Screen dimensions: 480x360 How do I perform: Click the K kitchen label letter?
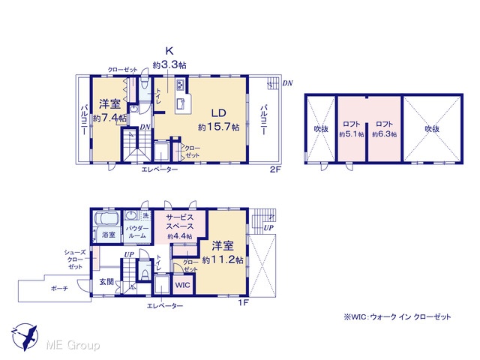pos(169,51)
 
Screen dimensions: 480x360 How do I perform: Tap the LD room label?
pos(219,113)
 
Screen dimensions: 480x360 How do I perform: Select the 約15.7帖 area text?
pos(219,127)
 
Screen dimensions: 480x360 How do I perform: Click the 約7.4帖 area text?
pos(109,118)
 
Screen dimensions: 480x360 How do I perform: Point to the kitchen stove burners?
pos(180,84)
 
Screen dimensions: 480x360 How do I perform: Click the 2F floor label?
pos(275,169)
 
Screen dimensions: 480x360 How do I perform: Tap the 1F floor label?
pos(244,303)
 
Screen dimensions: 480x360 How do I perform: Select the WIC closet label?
pos(183,285)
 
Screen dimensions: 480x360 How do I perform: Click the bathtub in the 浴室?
pos(106,219)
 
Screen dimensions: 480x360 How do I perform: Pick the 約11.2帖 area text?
pos(223,260)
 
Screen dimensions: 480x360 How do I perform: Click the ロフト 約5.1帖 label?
pos(352,129)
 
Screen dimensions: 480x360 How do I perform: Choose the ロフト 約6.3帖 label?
pos(385,129)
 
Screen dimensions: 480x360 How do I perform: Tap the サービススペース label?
pos(180,222)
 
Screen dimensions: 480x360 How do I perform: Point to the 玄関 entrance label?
pos(106,282)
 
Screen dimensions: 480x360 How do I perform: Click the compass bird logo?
pos(25,337)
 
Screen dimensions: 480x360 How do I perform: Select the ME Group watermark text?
pos(73,346)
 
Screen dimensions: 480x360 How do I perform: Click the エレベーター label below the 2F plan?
pos(160,169)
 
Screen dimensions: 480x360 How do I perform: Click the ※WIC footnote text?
pos(397,317)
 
